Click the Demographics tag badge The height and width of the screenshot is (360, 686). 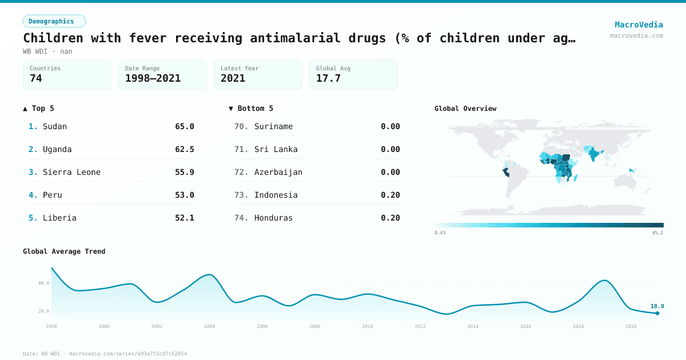(54, 21)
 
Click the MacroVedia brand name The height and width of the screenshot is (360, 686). (639, 25)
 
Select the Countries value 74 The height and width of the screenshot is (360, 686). (36, 78)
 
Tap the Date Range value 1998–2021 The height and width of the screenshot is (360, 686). (153, 78)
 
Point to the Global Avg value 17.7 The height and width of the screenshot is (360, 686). (328, 78)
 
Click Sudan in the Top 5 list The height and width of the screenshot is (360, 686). (55, 126)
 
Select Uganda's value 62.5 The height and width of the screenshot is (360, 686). (184, 149)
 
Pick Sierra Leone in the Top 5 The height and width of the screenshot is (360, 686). (71, 172)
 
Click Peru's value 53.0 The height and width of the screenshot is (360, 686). (184, 195)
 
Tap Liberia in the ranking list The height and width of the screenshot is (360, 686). (59, 218)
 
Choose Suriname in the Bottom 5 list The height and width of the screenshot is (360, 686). (273, 126)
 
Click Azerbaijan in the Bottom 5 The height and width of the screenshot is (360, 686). (278, 172)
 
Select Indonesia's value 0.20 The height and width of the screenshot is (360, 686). (390, 195)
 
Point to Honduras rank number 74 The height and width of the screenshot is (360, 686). (241, 218)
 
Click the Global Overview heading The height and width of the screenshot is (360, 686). (465, 109)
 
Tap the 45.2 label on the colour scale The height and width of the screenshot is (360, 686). (657, 233)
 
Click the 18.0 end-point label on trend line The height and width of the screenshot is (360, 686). (657, 306)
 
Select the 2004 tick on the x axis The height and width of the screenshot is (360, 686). (209, 326)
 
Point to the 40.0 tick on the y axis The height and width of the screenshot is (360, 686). (43, 283)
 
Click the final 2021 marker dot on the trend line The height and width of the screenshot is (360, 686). (657, 313)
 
